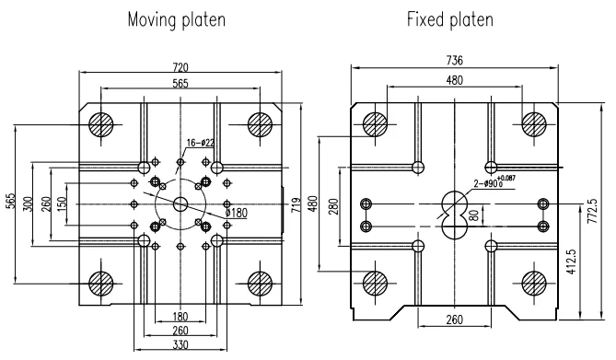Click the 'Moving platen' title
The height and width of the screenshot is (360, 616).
(177, 19)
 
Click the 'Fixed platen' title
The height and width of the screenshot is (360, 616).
(450, 18)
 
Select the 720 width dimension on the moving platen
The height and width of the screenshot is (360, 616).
(180, 67)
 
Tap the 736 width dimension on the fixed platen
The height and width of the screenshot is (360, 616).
(455, 60)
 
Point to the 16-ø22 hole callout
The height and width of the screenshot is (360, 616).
(201, 143)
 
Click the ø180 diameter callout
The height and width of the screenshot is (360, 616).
(237, 213)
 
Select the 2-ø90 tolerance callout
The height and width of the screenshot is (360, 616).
(494, 182)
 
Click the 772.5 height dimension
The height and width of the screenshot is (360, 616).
(592, 211)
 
